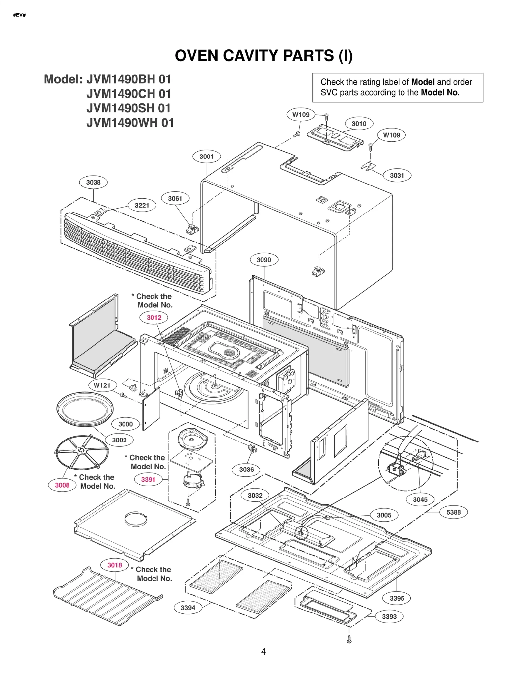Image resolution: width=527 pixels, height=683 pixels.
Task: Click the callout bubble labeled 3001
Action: (207, 157)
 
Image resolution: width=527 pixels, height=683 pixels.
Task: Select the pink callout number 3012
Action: (154, 317)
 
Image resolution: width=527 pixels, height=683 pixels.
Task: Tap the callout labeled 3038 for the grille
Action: (93, 182)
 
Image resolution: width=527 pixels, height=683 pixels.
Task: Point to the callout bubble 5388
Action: (454, 512)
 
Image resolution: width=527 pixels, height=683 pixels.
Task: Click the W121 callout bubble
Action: (102, 385)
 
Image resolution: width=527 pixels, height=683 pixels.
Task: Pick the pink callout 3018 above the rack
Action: (115, 565)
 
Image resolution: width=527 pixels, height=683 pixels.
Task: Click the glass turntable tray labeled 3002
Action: (85, 409)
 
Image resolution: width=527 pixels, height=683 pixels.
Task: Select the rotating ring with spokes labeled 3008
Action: (81, 452)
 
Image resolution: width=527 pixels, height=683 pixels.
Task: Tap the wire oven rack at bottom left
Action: (105, 596)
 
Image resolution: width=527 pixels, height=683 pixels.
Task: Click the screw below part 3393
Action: (349, 640)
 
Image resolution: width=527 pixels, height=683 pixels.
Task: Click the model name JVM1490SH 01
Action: (128, 108)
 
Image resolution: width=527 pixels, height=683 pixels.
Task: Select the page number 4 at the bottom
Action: (263, 652)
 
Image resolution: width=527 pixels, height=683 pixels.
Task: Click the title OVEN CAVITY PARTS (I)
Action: (263, 55)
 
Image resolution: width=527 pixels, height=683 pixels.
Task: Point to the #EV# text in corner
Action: (19, 15)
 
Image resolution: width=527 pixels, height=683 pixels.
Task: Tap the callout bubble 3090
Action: (264, 260)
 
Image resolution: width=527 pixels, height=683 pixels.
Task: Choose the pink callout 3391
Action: (148, 479)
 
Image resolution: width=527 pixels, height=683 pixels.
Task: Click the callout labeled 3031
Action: (397, 175)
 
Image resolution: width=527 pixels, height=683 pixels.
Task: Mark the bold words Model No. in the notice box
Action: (440, 93)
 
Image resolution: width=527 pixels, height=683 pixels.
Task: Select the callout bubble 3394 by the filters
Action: (188, 608)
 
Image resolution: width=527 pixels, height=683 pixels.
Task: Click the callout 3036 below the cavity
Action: (246, 470)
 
